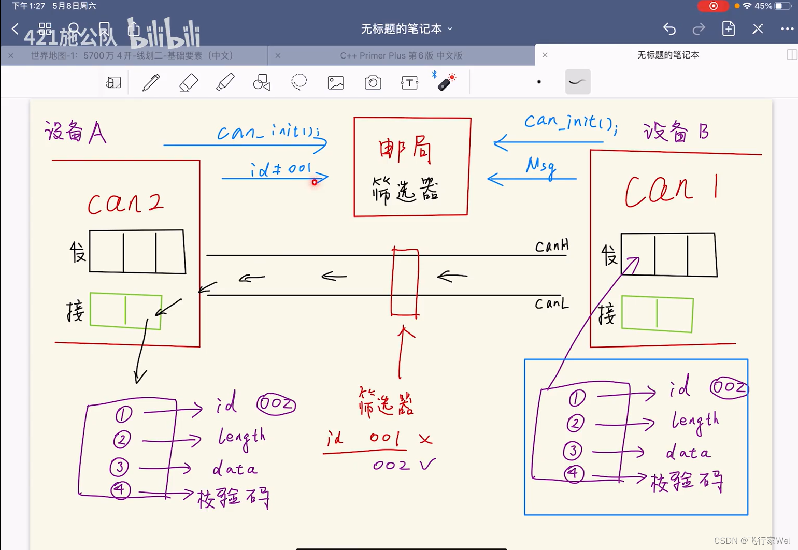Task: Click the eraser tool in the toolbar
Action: click(189, 82)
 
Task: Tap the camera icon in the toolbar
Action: click(373, 82)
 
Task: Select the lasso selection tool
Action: click(299, 82)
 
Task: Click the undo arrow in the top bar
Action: click(669, 29)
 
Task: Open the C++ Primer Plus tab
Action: click(401, 55)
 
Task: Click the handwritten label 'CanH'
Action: click(551, 245)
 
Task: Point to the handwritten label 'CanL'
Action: click(551, 303)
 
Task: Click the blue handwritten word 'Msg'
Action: click(540, 167)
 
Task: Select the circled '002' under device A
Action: click(276, 404)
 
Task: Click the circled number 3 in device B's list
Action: click(573, 450)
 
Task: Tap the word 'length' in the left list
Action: click(241, 438)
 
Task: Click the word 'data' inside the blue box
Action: click(688, 453)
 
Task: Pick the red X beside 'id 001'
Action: click(425, 440)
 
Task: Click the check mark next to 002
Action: click(427, 464)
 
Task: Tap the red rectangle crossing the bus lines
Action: click(405, 282)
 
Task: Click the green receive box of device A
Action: click(126, 310)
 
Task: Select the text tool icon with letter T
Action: click(409, 82)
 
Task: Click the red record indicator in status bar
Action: click(713, 6)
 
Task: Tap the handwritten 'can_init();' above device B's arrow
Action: click(570, 123)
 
